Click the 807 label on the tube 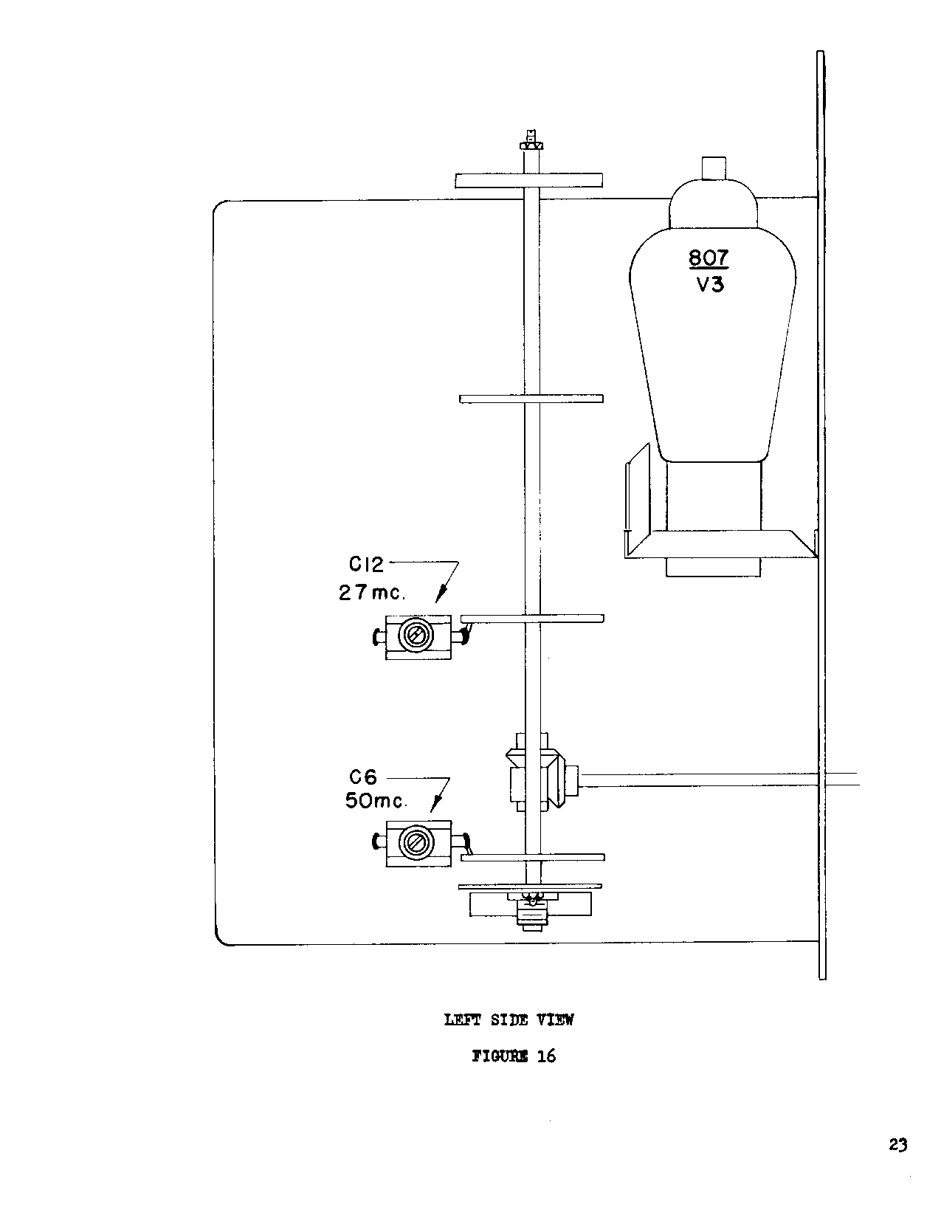(709, 258)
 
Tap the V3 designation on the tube (710, 285)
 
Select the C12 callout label (366, 565)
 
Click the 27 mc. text (371, 593)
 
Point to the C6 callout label (363, 777)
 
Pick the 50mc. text (376, 801)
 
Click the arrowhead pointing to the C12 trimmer (441, 593)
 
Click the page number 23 (898, 1145)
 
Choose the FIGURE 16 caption (514, 1056)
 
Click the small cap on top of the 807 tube (714, 168)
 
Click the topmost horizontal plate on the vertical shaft (528, 181)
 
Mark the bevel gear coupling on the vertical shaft (535, 772)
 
